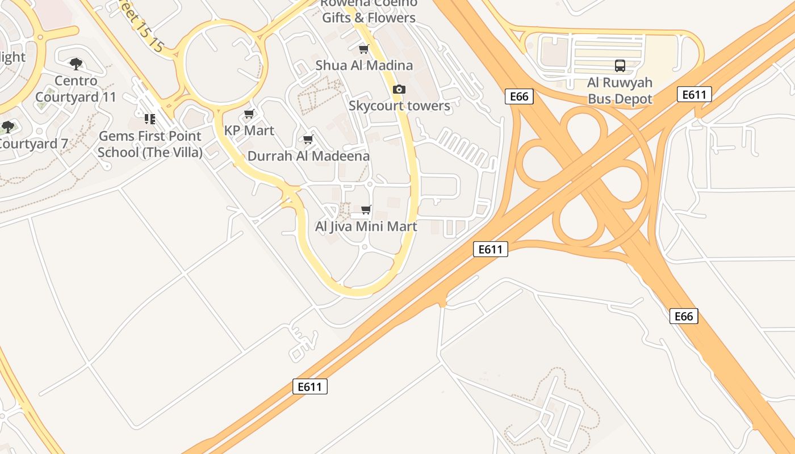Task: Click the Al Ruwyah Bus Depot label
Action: click(620, 91)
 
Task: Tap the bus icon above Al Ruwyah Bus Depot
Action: click(620, 66)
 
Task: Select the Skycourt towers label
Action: click(399, 106)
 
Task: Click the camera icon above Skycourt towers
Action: click(399, 90)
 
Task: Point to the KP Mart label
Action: click(249, 131)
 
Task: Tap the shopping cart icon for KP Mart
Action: click(249, 114)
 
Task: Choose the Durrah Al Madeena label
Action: click(308, 156)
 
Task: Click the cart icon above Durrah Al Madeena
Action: click(308, 140)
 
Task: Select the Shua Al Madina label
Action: click(364, 65)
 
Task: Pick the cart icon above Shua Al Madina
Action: click(364, 49)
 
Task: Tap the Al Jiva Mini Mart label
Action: click(366, 226)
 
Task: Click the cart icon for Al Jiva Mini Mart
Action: click(366, 210)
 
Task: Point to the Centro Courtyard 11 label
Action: click(76, 89)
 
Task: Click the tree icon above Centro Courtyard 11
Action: click(76, 64)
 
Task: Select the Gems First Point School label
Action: click(150, 144)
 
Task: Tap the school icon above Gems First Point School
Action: click(150, 119)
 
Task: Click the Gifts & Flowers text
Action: click(369, 18)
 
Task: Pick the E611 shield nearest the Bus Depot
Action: click(694, 94)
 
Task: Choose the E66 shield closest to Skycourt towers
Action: click(519, 96)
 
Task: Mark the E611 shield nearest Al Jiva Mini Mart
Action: click(490, 249)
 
